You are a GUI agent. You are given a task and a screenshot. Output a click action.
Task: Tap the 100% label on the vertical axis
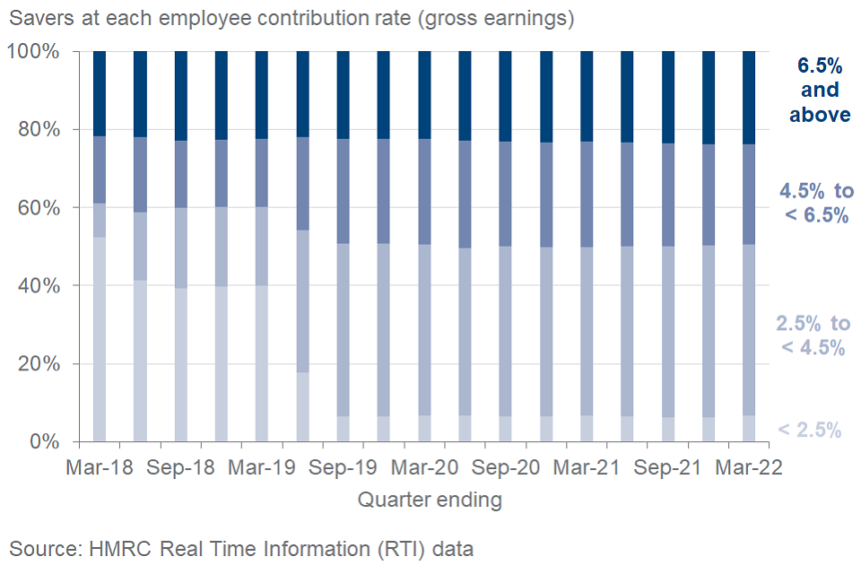32,52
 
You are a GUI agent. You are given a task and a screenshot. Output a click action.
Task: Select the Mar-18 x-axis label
100,468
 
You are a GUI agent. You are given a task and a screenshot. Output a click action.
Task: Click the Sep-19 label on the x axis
343,468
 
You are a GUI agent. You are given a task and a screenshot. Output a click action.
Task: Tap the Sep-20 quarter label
505,468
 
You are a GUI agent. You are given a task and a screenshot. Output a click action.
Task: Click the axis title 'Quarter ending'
430,500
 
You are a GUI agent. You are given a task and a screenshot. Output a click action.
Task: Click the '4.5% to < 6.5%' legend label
815,203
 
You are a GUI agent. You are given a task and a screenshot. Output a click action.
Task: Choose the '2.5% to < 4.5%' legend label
813,335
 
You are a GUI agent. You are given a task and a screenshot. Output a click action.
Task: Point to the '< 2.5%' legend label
809,430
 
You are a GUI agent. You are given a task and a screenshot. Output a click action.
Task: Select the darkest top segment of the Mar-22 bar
749,98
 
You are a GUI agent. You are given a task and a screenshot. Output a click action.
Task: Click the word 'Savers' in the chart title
39,17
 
